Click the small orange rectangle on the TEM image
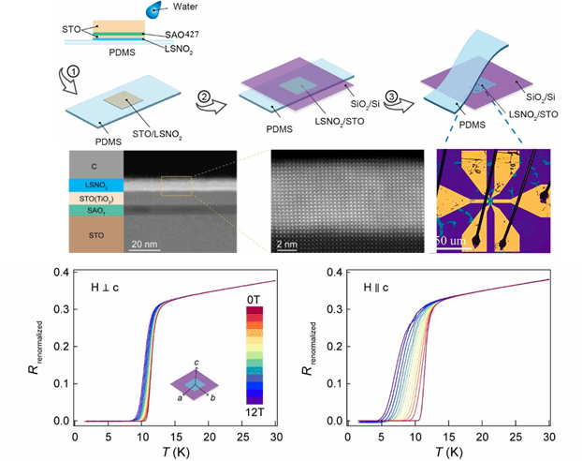176,186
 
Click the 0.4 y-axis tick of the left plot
61,273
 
